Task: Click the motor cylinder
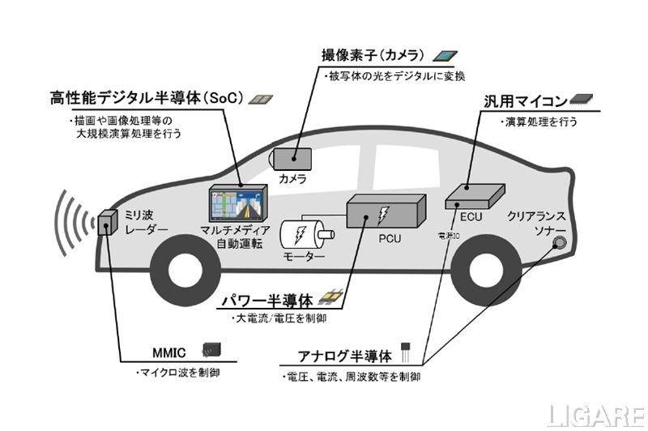point(305,235)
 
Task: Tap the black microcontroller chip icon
point(581,100)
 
